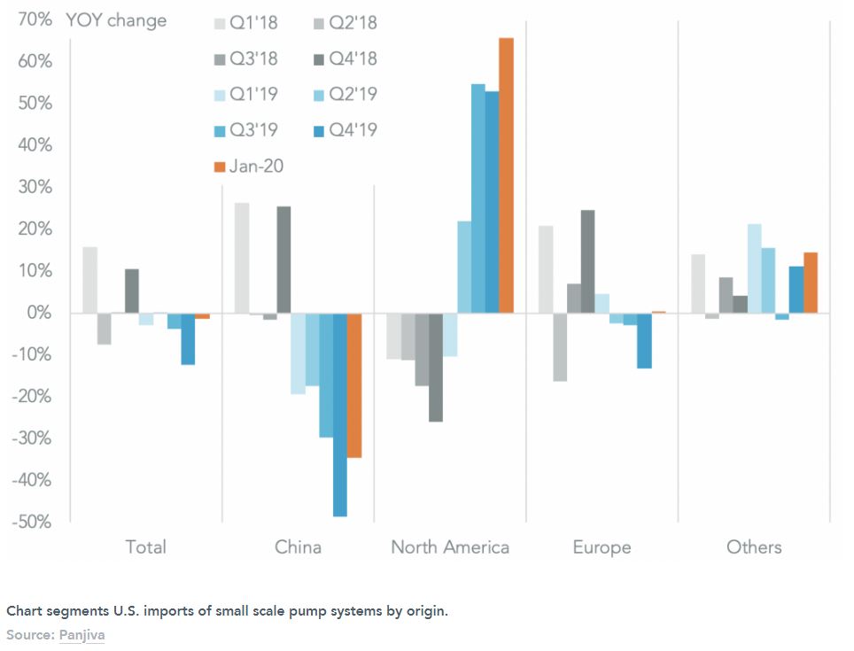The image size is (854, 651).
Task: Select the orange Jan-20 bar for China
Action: (354, 385)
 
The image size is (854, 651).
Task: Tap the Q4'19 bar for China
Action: (340, 415)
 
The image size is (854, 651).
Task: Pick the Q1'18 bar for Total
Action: (89, 280)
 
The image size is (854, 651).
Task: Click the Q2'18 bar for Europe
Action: (559, 347)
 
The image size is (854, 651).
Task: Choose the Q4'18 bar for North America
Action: (436, 368)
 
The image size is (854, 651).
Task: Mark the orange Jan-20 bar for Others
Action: (810, 283)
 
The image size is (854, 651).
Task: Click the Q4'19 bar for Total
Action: (188, 338)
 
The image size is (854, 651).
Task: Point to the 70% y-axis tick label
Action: (33, 19)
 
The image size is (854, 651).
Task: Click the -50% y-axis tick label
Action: (30, 522)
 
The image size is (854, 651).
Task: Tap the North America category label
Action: (450, 546)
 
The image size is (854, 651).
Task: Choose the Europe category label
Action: (602, 546)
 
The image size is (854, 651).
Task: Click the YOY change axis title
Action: (115, 20)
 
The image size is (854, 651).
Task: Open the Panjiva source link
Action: (82, 635)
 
